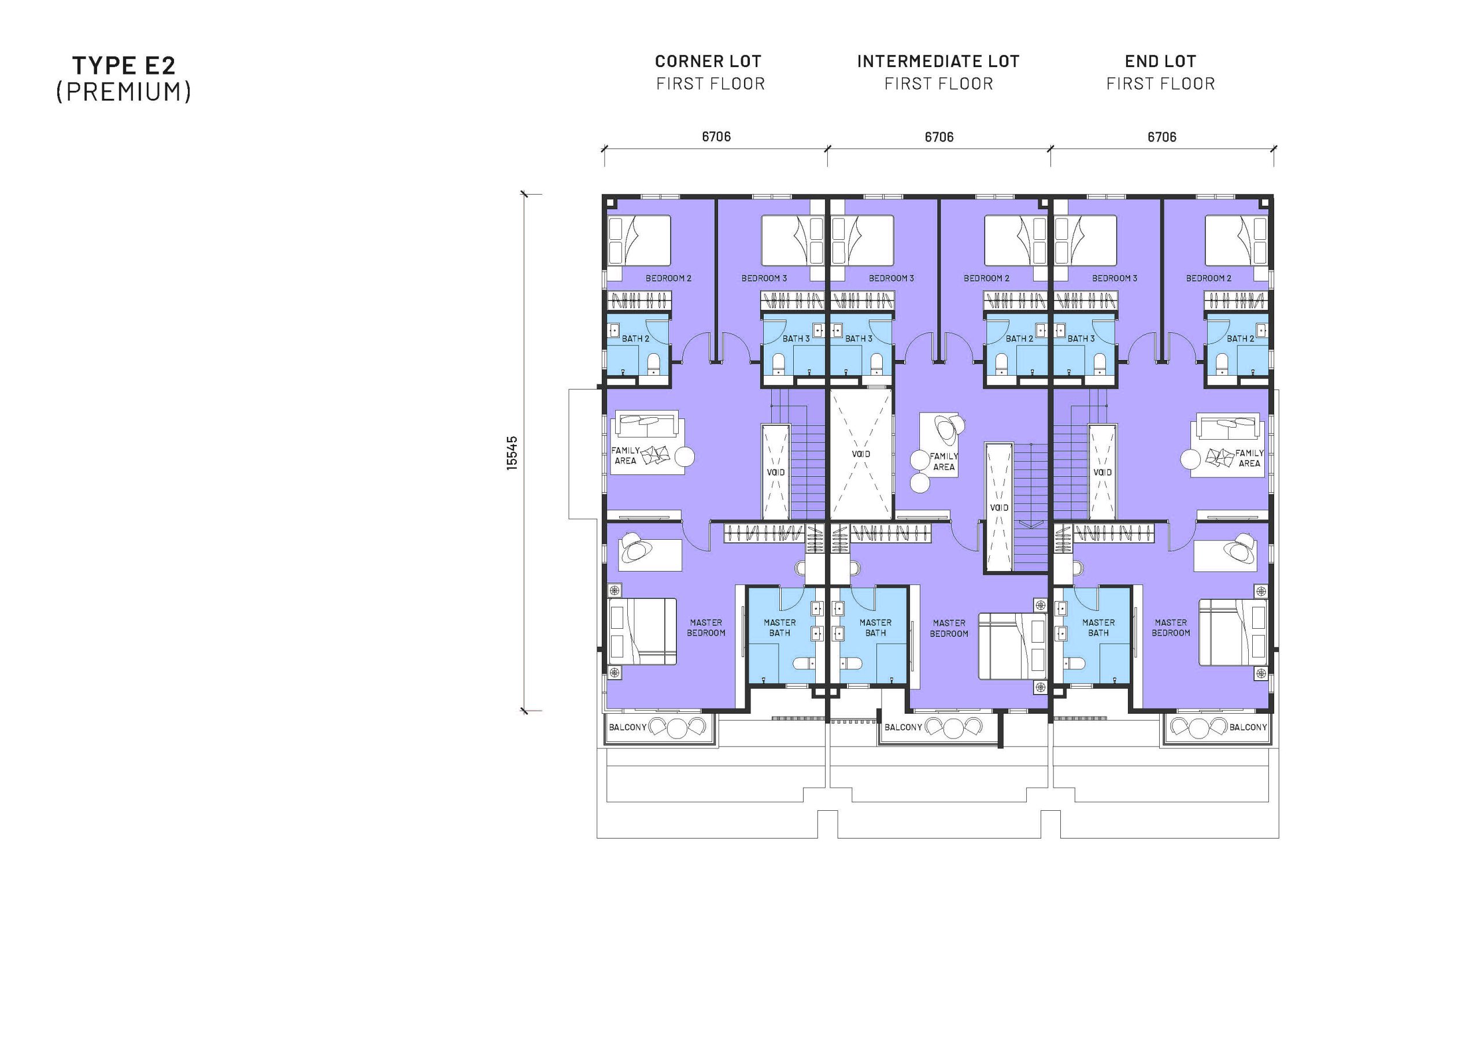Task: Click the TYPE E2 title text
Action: tap(123, 65)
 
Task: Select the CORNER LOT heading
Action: tap(708, 62)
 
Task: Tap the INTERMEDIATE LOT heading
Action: tap(938, 62)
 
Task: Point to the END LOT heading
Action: tap(1160, 62)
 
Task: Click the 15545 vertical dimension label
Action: tap(512, 453)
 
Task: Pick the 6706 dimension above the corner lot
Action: tap(716, 136)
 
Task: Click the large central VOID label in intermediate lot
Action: tap(861, 454)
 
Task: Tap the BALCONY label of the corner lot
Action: tap(627, 727)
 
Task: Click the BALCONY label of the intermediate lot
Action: tap(903, 727)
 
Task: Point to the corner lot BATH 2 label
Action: tap(635, 338)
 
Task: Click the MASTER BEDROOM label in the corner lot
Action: tap(706, 628)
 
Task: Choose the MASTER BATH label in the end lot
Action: tap(1098, 628)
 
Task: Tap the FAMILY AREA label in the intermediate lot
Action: tap(943, 461)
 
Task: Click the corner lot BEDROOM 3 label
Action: tap(764, 279)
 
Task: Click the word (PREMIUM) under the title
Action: tap(123, 91)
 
